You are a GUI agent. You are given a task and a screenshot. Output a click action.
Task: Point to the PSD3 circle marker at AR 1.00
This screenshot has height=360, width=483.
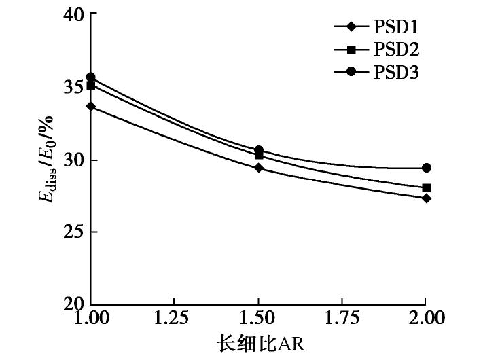pos(90,77)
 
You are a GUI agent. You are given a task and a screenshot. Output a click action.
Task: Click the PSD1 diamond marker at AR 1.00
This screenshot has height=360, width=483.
pos(90,106)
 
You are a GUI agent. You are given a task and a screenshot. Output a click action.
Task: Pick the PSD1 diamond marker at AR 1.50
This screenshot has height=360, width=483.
pos(258,167)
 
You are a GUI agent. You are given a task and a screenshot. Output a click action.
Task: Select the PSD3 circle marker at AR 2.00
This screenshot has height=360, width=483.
pos(426,168)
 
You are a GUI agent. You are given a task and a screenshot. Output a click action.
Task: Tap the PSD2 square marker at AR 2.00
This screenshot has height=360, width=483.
pos(426,188)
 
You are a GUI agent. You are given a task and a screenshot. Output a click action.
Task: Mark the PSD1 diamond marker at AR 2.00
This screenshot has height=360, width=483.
pos(426,198)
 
